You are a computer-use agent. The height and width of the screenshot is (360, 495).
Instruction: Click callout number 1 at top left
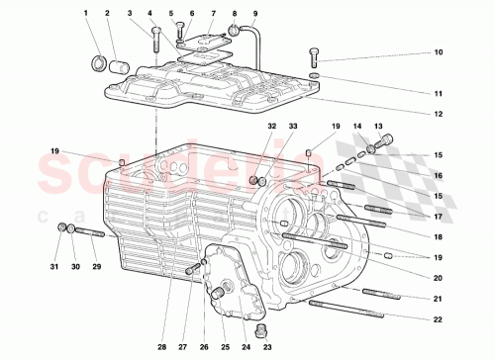[87, 14]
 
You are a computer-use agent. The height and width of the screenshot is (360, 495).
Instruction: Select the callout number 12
[438, 114]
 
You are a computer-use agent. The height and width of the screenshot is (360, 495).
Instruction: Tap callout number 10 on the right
[438, 52]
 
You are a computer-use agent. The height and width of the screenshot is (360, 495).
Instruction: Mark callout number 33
[293, 127]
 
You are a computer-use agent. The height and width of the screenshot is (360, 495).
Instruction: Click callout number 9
[254, 14]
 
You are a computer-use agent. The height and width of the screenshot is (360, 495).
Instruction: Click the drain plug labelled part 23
[262, 328]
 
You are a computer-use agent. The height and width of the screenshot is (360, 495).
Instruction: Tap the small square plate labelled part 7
[205, 40]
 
